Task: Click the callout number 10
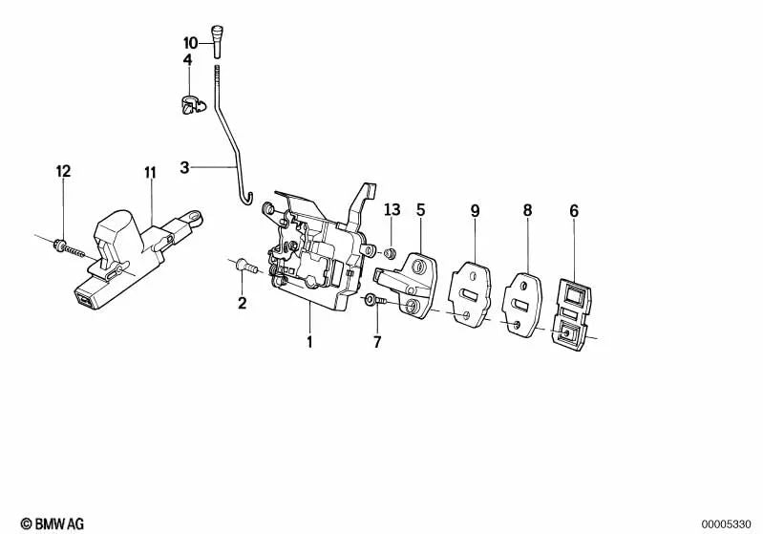click(190, 43)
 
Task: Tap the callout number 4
click(187, 60)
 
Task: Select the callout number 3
click(185, 168)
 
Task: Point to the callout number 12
click(63, 172)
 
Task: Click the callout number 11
click(150, 173)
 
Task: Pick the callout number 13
click(392, 209)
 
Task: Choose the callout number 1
click(308, 340)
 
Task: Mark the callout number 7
click(376, 341)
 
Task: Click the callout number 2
click(242, 304)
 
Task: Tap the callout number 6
click(573, 210)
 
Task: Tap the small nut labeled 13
click(391, 252)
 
